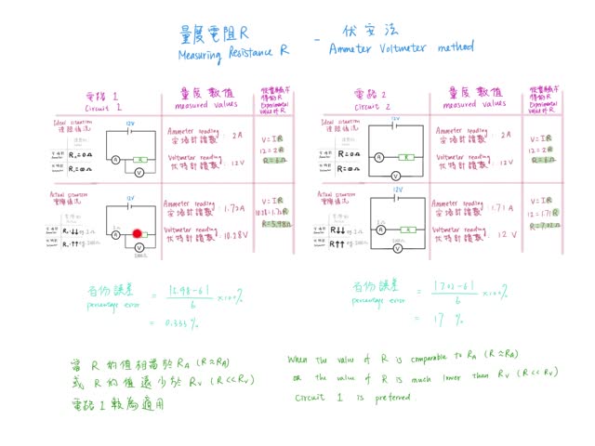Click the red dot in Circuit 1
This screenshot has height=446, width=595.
[x=137, y=234]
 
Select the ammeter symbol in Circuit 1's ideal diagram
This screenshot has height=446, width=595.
[x=114, y=160]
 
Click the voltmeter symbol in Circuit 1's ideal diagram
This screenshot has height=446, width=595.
[x=138, y=173]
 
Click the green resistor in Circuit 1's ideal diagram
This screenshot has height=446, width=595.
[x=139, y=160]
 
